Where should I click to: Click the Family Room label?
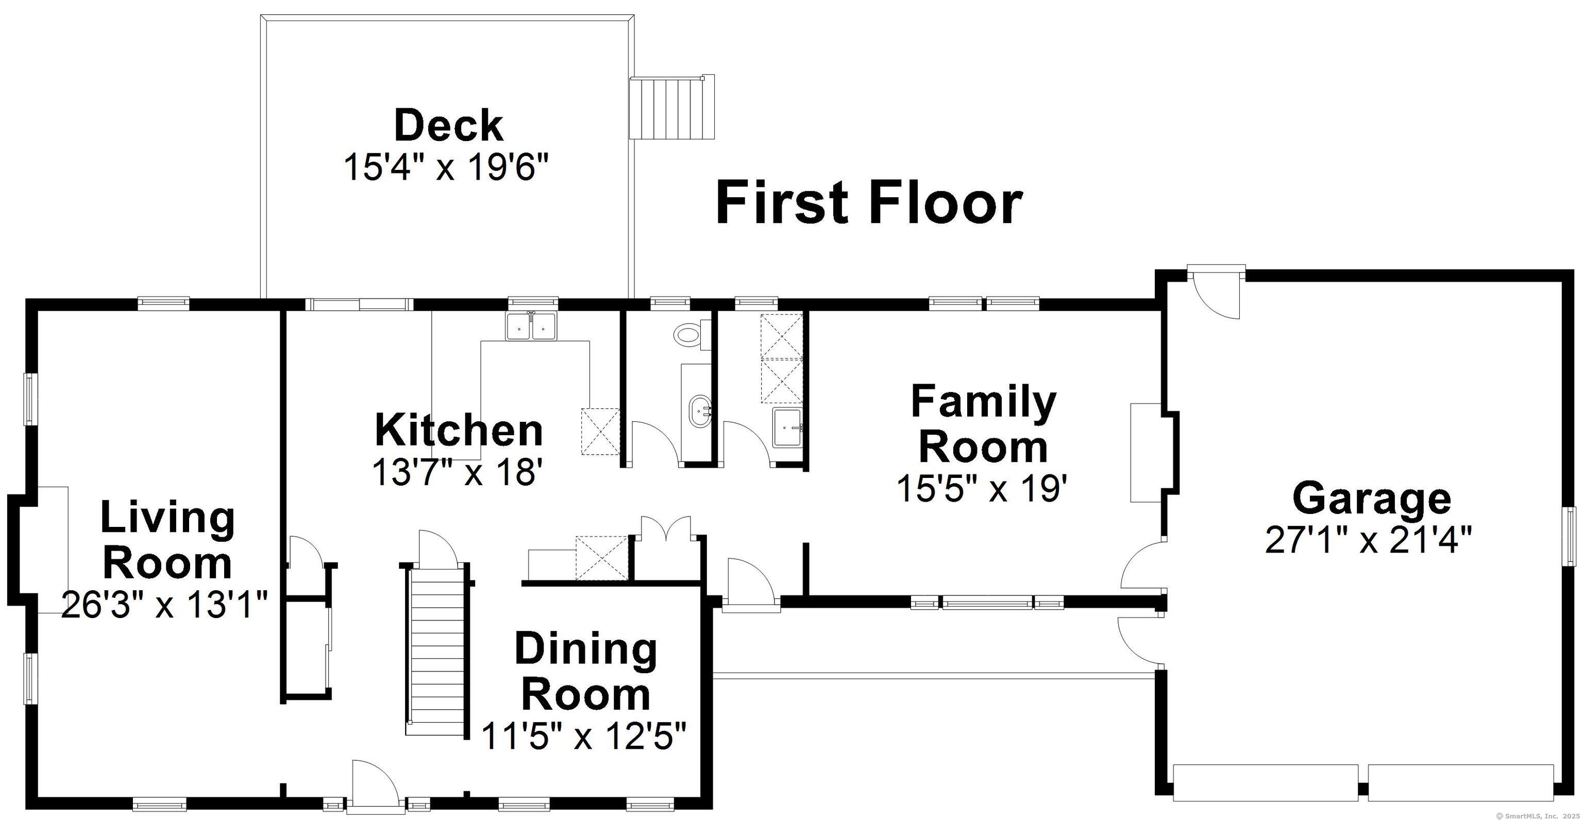pos(983,424)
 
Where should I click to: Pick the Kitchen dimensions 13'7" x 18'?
pos(458,472)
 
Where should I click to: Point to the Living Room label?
pos(167,539)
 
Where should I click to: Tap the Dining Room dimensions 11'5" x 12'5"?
pos(583,736)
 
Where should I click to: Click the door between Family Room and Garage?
pos(1142,571)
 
